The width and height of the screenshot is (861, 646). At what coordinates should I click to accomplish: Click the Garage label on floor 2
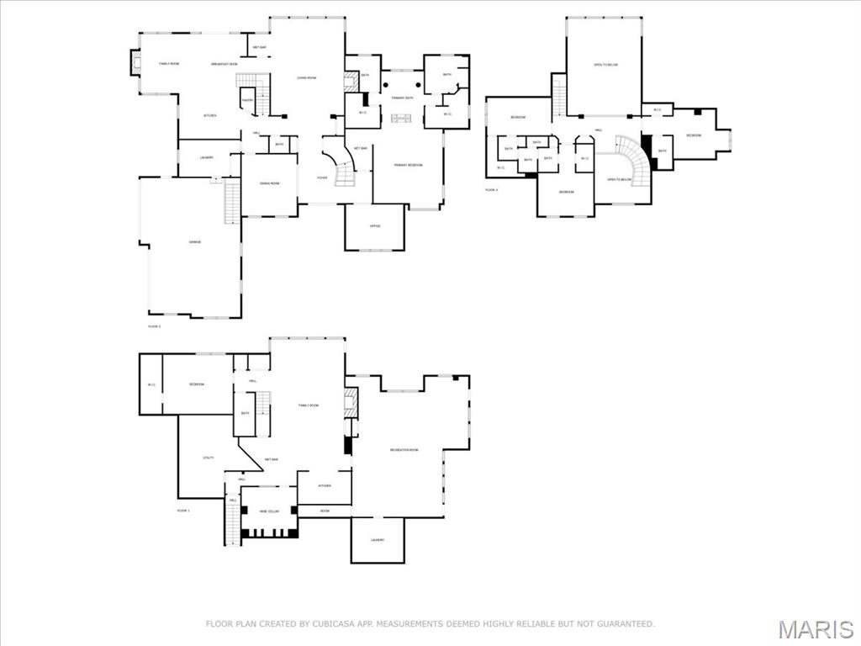tap(194, 242)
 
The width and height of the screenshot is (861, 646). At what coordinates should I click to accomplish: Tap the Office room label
tap(375, 226)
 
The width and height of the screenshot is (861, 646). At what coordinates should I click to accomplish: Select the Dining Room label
tap(269, 183)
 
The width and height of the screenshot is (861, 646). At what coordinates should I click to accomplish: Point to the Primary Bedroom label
tap(408, 165)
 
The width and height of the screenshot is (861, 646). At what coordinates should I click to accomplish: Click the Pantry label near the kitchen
tap(247, 100)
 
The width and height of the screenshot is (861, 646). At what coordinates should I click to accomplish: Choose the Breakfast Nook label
tap(224, 64)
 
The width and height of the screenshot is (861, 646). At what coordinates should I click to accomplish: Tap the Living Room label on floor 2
tap(306, 78)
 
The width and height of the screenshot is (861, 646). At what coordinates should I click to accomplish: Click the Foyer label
tap(322, 178)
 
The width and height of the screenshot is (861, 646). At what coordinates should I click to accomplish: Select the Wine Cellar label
tap(269, 511)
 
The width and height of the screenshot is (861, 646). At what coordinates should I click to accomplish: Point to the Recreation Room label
tap(404, 450)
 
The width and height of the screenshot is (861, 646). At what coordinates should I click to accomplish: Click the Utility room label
tap(209, 458)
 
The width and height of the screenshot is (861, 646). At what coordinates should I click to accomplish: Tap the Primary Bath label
tap(402, 98)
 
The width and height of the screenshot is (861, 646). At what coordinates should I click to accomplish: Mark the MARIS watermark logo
tap(815, 629)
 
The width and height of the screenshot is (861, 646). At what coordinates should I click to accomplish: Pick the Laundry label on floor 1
tap(378, 540)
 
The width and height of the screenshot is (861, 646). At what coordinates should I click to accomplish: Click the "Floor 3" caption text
tap(491, 190)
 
